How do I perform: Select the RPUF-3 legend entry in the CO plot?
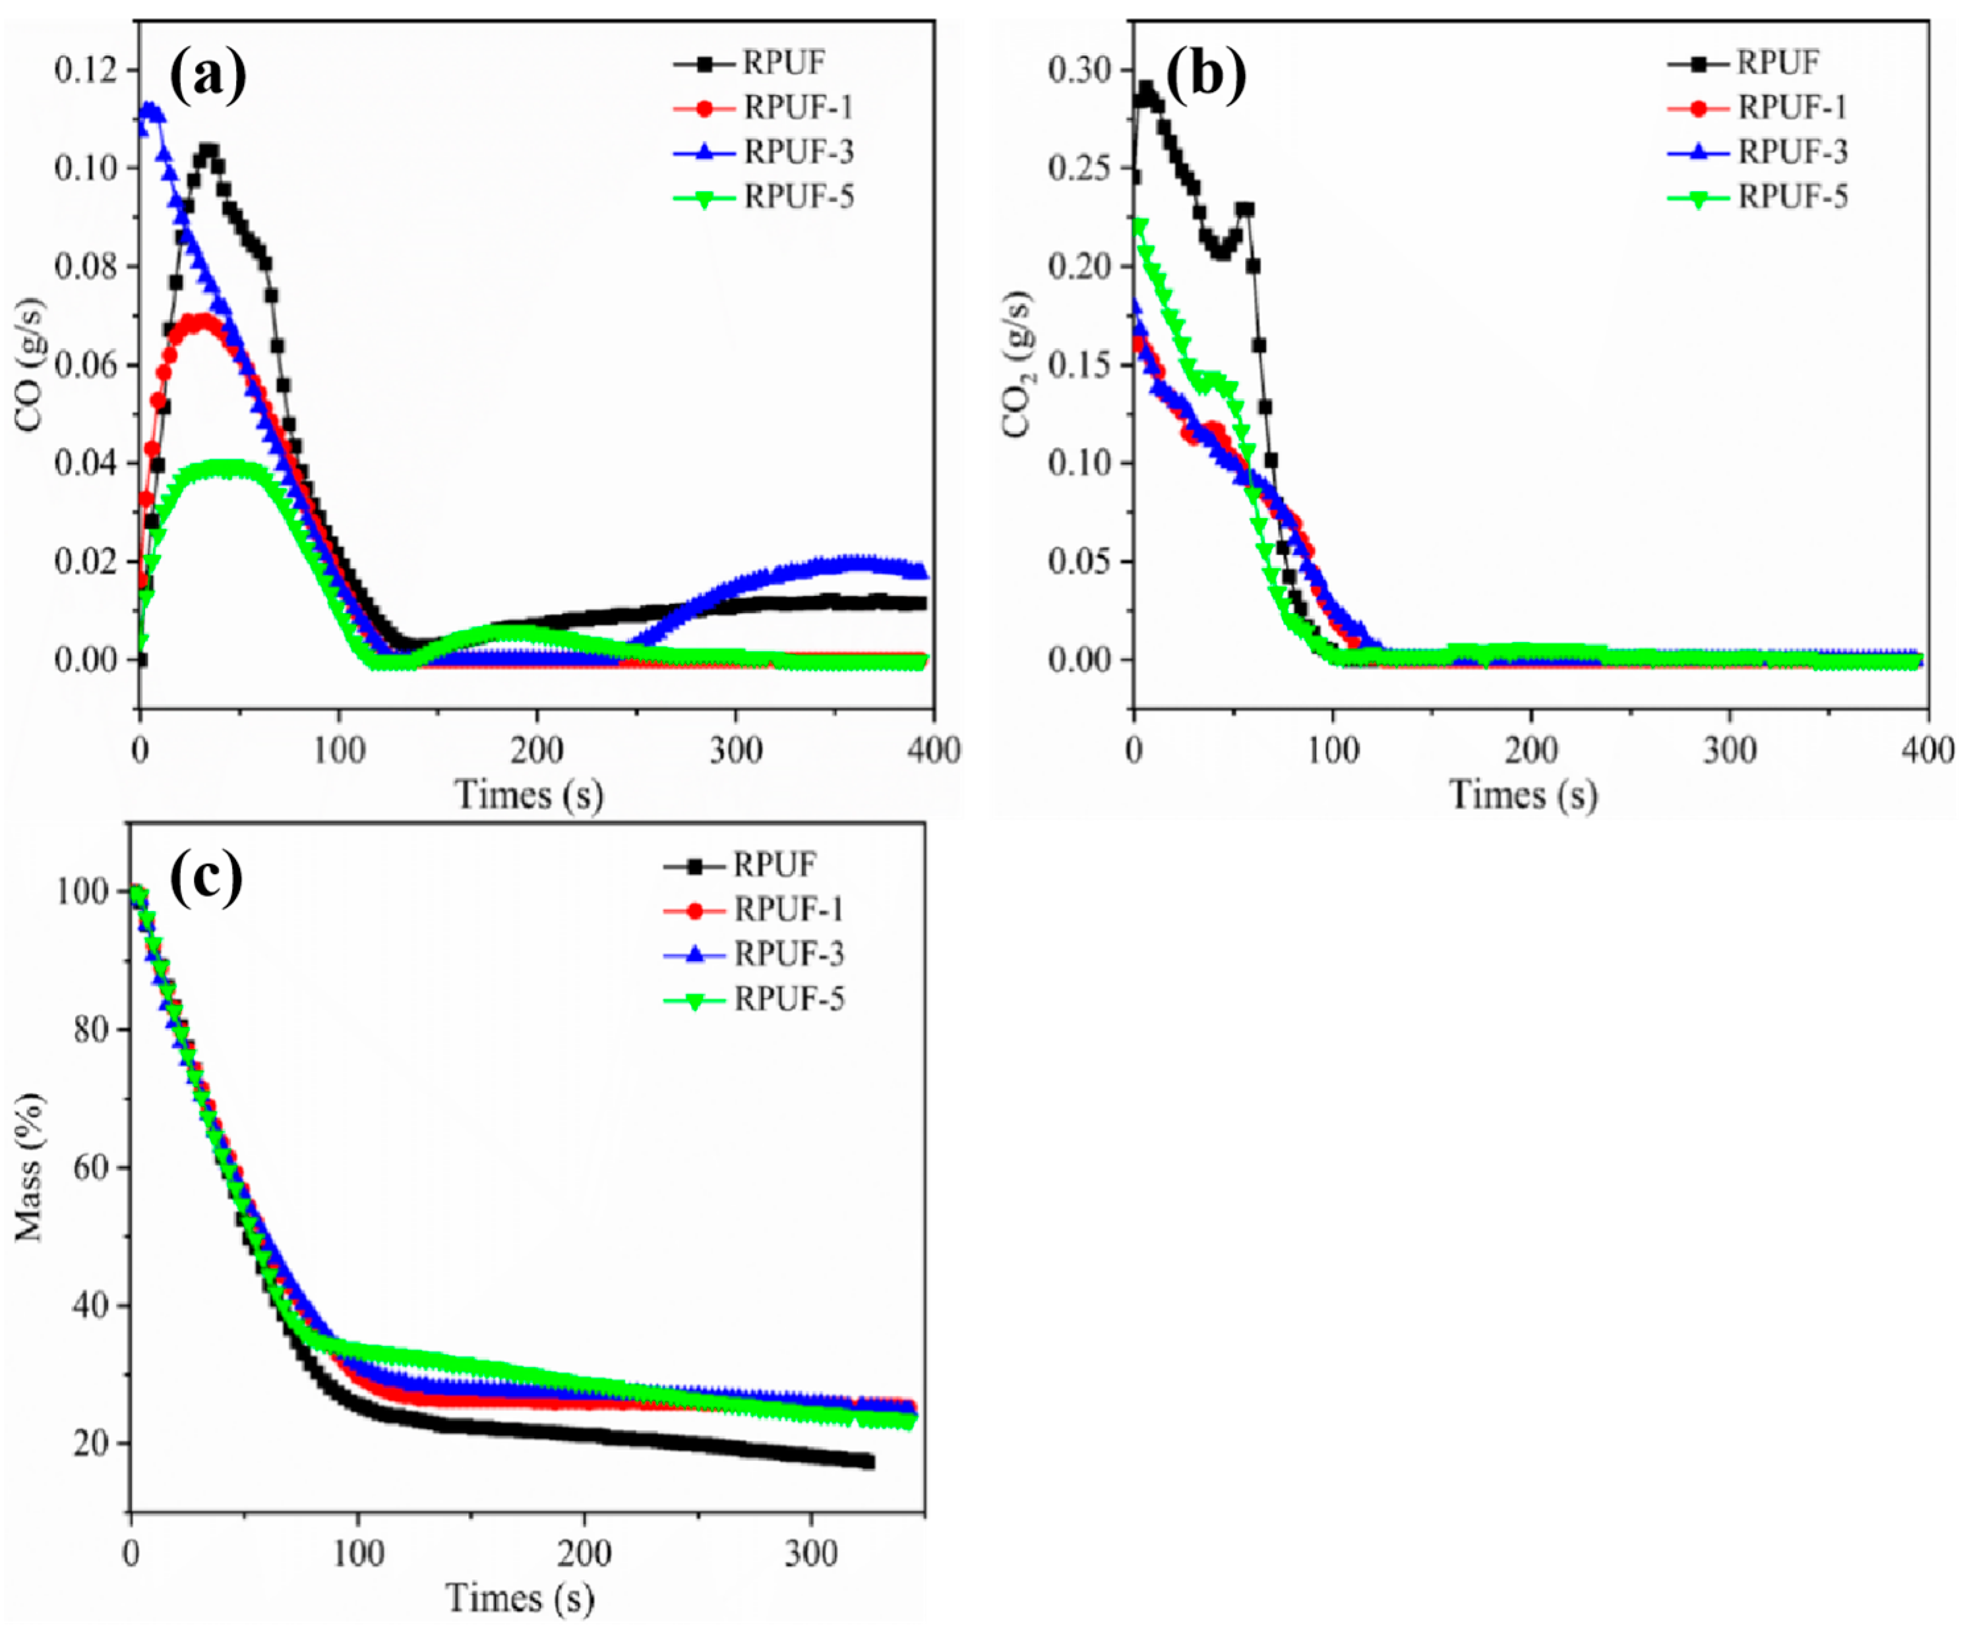(x=798, y=152)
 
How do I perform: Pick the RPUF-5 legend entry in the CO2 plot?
(x=1792, y=197)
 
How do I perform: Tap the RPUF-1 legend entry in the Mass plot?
(x=787, y=908)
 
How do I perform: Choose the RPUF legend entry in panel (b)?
(x=1777, y=63)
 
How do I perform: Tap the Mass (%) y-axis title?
(x=30, y=1167)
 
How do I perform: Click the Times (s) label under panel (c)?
(x=520, y=1598)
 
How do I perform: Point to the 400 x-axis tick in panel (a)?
(x=934, y=750)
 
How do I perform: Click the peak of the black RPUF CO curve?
(x=208, y=150)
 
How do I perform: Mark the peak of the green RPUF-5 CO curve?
(x=225, y=466)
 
